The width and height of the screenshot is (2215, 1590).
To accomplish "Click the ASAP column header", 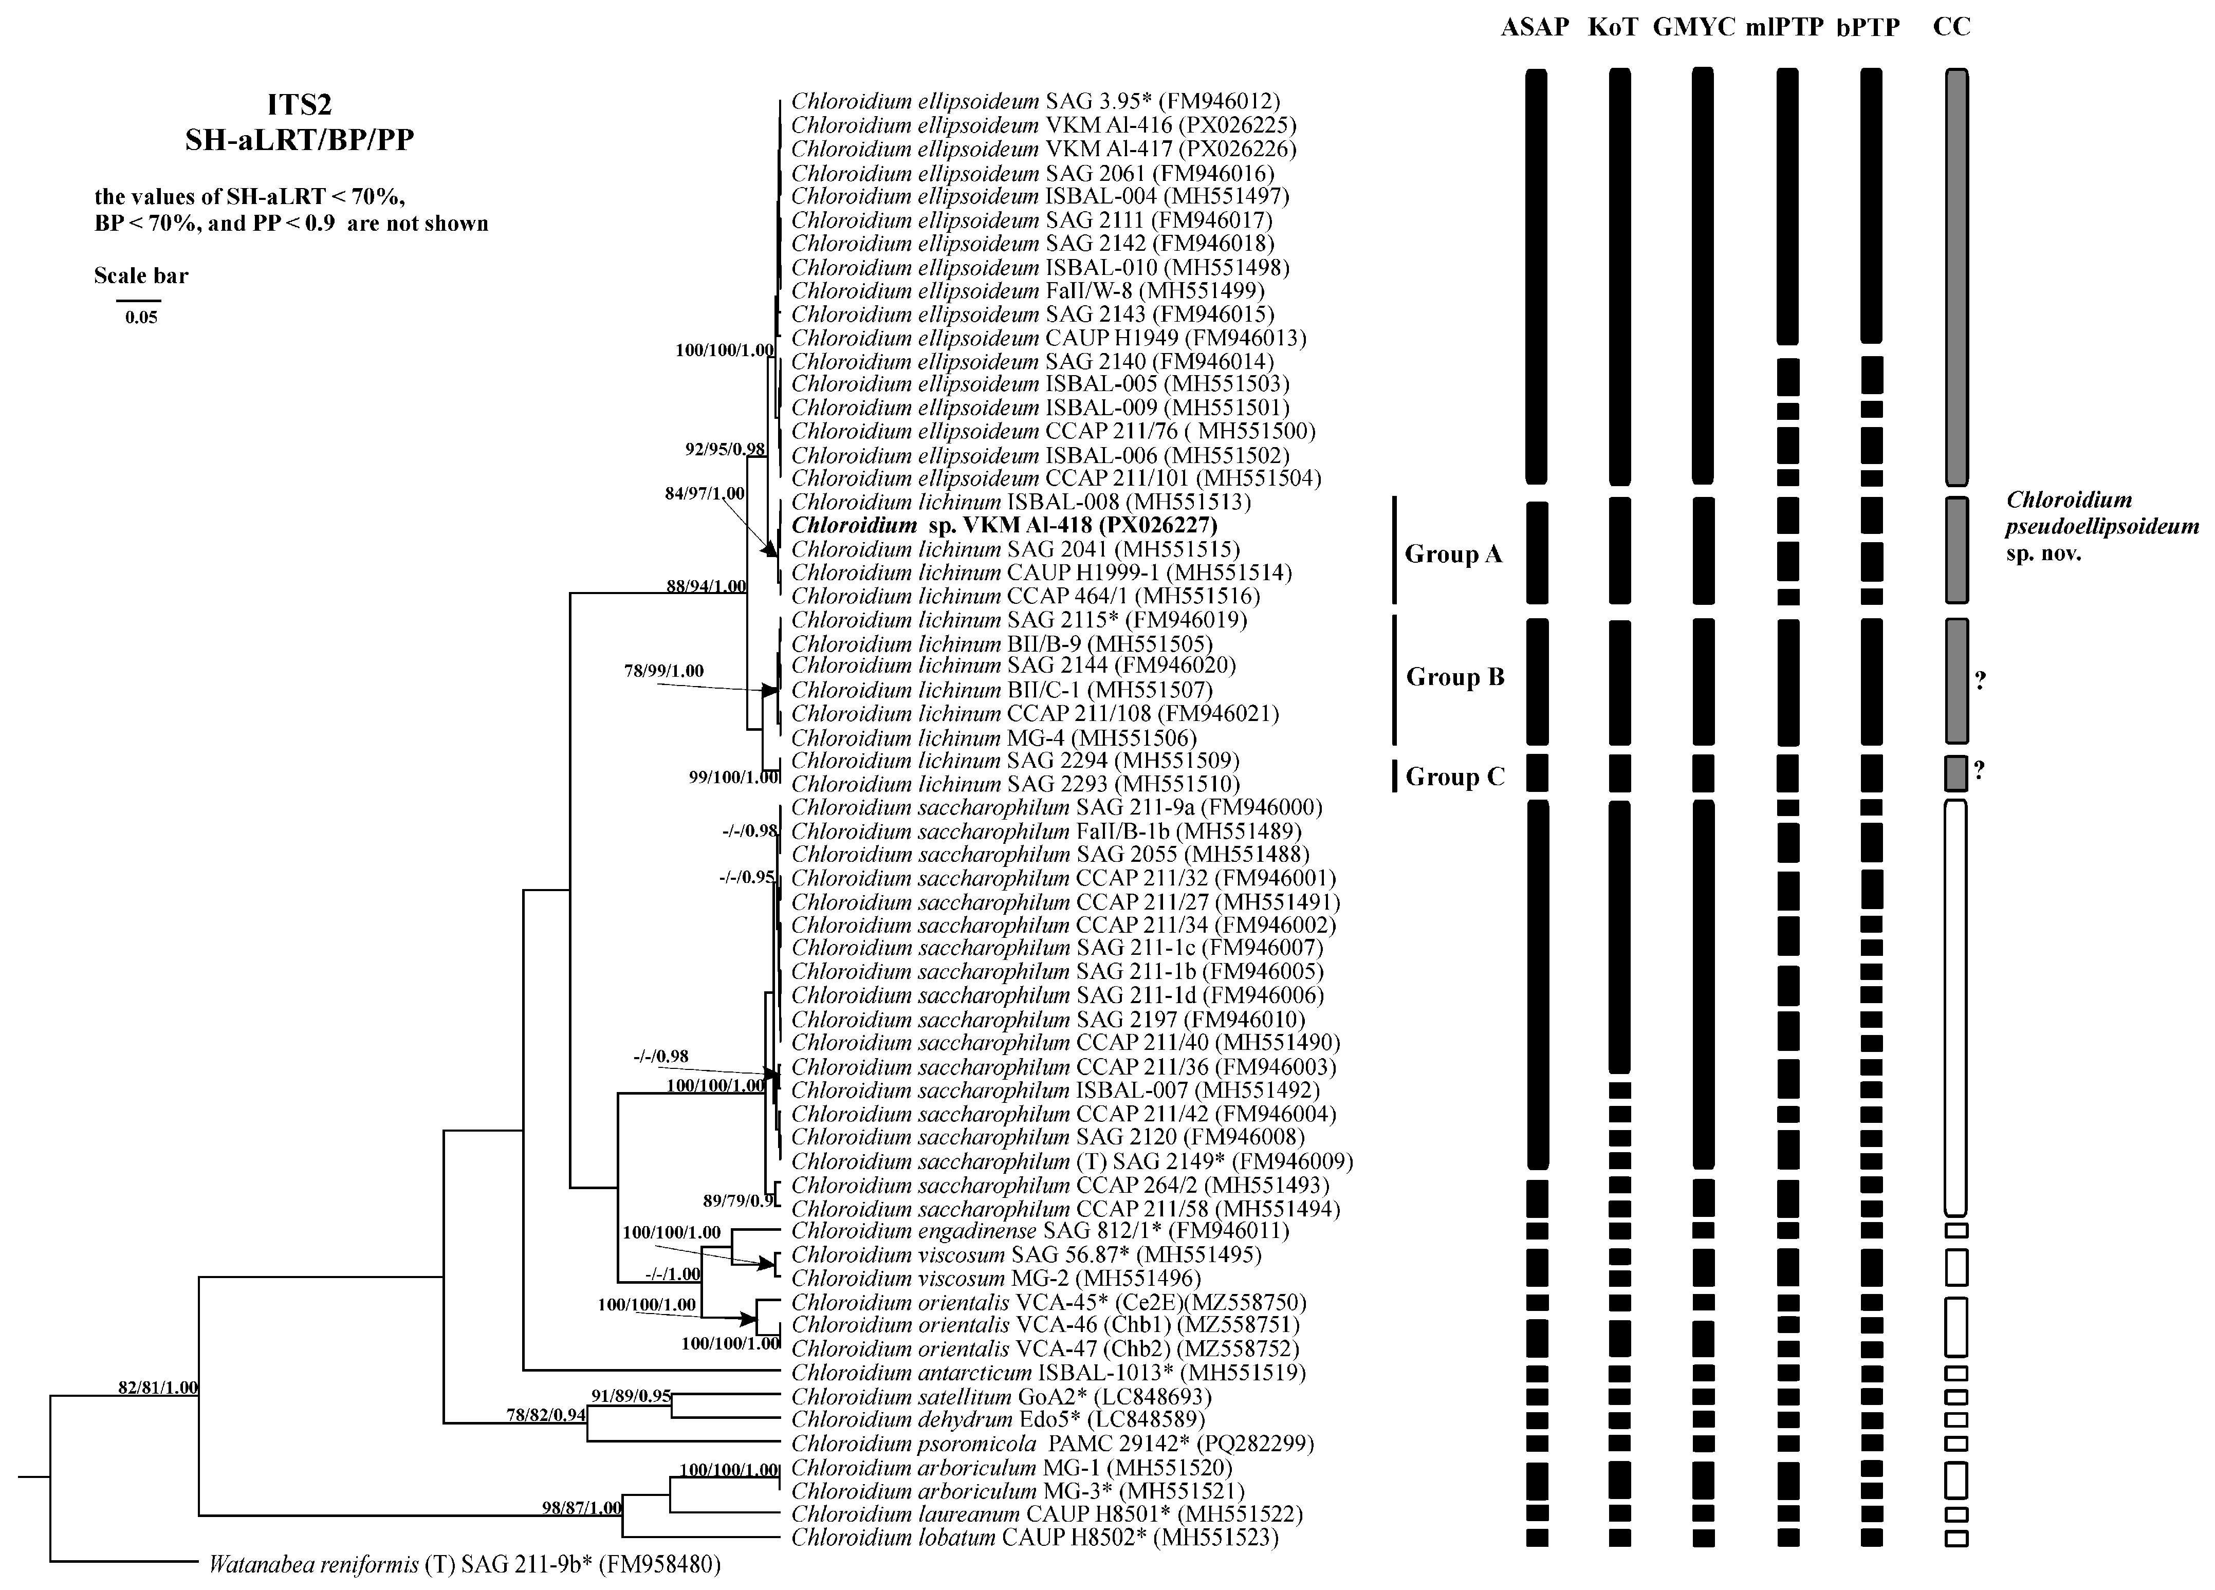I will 1534,27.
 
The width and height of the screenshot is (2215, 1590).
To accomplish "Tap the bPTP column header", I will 1867,27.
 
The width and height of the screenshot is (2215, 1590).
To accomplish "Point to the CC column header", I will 1951,27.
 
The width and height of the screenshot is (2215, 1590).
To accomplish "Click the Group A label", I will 1452,554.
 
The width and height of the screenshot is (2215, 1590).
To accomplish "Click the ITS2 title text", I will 299,104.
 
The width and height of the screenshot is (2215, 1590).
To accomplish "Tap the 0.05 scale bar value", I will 141,318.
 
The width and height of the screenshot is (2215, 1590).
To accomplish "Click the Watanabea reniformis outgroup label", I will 465,1565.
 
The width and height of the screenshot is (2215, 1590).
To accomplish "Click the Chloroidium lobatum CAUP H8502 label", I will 1034,1537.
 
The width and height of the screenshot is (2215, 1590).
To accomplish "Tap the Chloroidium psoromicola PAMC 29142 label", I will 1052,1443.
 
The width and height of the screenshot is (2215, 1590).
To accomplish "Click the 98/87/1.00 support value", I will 582,1507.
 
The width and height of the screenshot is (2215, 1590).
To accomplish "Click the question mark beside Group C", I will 1979,770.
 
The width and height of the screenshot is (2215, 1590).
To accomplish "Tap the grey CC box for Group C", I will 1955,772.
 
